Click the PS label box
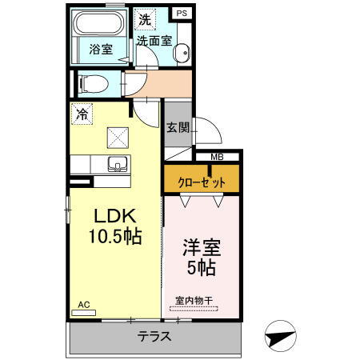click(182, 13)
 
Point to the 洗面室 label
click(153, 40)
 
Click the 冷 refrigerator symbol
click(82, 114)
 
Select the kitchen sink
click(117, 166)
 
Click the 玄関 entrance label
click(178, 127)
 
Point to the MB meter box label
click(217, 157)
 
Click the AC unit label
click(85, 305)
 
